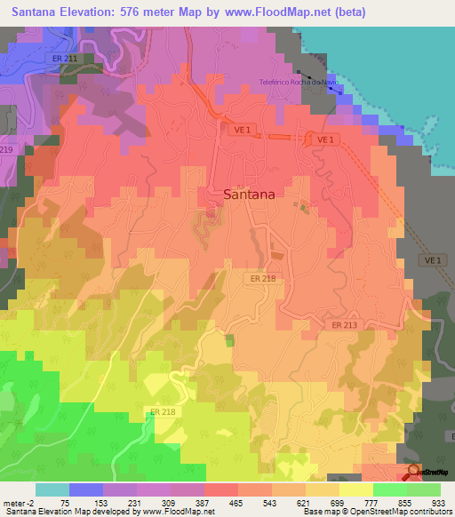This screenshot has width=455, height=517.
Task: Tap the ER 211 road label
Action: [64, 60]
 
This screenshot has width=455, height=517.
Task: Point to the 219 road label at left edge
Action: [5, 150]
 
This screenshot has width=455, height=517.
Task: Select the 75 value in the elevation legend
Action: [65, 501]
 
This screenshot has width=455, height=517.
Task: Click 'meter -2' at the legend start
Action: [18, 501]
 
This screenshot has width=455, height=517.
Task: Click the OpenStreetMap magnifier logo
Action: [414, 472]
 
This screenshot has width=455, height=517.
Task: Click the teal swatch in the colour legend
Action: [52, 489]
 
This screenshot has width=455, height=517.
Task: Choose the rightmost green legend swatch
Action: [424, 489]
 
